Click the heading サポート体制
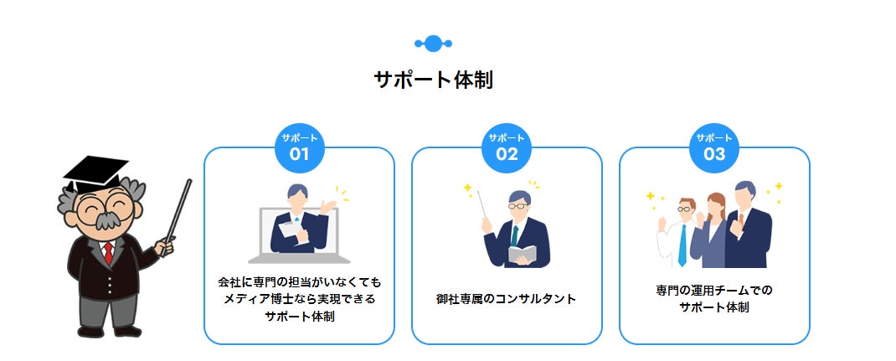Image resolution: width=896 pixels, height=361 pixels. tap(433, 80)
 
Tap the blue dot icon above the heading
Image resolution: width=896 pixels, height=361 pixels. tap(433, 44)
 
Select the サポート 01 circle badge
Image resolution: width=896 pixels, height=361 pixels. tap(300, 148)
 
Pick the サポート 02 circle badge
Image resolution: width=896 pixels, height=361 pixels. tap(507, 148)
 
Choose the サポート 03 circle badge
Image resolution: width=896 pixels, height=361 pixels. tap(714, 148)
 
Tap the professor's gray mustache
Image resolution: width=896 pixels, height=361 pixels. tap(106, 220)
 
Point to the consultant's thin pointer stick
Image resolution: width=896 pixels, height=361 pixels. tap(482, 204)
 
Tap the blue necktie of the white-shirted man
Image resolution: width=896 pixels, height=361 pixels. tap(682, 245)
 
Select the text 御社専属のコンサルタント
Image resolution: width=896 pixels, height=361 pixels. tap(507, 299)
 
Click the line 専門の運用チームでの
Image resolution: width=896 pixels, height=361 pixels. tap(714, 290)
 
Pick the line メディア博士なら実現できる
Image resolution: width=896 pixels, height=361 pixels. tap(300, 299)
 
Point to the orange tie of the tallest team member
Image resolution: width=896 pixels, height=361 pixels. tap(741, 219)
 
